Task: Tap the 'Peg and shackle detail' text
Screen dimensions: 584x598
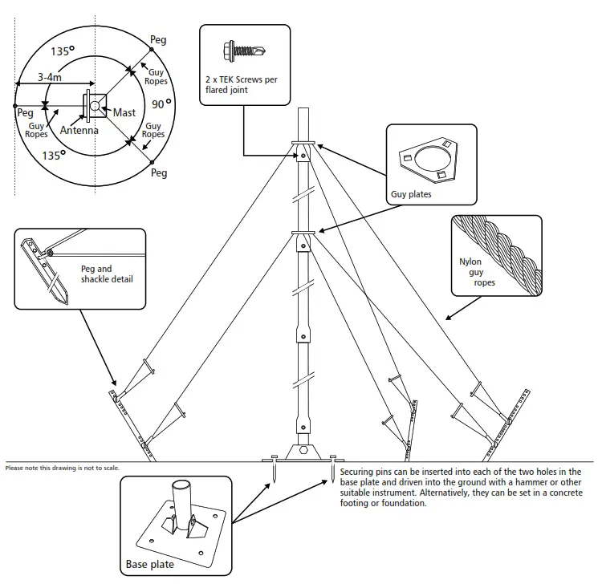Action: click(x=108, y=274)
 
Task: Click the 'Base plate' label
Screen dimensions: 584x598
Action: click(x=150, y=565)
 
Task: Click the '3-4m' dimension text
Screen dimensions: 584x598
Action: click(x=51, y=78)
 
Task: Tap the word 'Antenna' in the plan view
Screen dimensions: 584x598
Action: click(x=79, y=131)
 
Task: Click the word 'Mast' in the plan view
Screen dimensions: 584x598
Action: click(x=124, y=113)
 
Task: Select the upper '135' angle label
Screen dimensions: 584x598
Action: click(x=62, y=51)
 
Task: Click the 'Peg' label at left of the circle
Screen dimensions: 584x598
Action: click(x=25, y=113)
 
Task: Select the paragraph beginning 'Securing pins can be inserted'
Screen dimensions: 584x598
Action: click(x=461, y=488)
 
